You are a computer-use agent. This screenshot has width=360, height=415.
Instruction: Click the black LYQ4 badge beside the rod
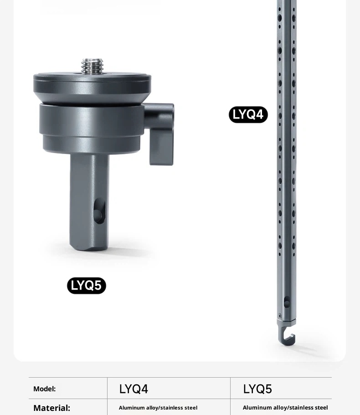[248, 114]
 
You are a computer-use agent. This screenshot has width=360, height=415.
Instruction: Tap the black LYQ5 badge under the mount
[87, 285]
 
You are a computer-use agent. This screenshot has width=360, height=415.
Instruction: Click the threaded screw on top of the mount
[92, 66]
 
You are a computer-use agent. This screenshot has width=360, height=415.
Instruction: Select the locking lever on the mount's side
[160, 134]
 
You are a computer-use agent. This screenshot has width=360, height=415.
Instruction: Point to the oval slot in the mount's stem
[99, 211]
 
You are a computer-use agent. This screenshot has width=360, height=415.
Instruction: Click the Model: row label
[45, 389]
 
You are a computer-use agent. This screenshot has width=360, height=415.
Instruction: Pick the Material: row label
[52, 408]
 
